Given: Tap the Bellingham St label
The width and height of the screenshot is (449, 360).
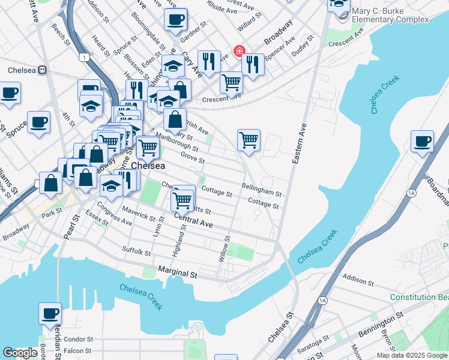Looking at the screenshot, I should click(262, 190).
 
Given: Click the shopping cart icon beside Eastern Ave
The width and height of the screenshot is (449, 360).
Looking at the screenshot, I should click(249, 140).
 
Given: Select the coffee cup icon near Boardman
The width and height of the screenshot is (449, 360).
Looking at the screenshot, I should click(422, 141).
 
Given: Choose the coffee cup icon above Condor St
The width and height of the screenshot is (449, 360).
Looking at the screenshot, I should click(50, 313).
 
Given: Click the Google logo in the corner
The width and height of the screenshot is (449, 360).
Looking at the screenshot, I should click(20, 353).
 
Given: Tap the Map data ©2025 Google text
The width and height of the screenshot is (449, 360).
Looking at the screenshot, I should click(412, 355).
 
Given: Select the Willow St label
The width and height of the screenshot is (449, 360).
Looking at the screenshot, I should click(226, 248).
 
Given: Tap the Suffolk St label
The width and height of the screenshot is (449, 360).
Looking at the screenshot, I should click(136, 251).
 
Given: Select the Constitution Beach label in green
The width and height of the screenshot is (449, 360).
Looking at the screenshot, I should click(418, 298).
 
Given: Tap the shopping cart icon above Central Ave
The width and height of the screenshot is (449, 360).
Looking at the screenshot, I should click(182, 200).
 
